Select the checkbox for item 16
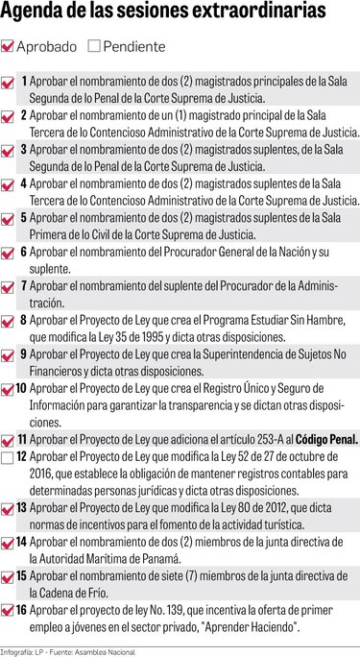[x=9, y=611]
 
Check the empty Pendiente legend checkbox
[x=93, y=45]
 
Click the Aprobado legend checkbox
[x=9, y=45]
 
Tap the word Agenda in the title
[x=35, y=15]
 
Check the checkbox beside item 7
[x=9, y=286]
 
